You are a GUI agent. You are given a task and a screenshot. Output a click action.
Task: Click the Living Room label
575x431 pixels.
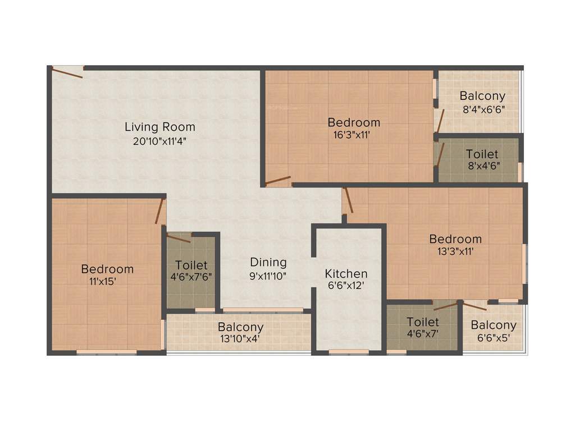160,127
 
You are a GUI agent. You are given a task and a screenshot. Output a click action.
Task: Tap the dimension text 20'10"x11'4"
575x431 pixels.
160,141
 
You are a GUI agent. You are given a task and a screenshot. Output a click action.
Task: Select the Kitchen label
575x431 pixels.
346,274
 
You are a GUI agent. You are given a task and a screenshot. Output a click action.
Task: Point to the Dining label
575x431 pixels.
268,262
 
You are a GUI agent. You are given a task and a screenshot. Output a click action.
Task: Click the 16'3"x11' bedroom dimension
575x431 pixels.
354,135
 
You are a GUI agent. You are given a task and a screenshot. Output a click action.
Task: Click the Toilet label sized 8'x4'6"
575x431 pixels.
482,154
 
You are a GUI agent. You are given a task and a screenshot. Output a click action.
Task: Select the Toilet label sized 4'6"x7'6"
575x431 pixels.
191,265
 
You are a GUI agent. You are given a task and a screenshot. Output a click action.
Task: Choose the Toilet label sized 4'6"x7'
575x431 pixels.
423,322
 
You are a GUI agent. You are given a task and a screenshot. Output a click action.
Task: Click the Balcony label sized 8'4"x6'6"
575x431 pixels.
482,96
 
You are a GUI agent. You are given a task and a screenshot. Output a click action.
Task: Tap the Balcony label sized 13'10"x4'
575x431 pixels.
240,327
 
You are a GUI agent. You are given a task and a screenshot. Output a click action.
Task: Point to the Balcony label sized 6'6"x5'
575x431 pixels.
494,325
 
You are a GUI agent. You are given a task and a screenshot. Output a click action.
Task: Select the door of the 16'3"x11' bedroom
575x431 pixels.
278,181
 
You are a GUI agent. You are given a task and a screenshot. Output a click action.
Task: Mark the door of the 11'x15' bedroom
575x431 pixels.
160,211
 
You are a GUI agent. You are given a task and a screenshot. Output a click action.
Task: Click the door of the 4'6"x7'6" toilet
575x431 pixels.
179,239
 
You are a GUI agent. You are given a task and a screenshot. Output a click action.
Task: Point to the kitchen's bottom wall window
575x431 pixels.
349,352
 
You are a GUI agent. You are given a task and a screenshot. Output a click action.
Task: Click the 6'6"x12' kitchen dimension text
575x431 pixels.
346,285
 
